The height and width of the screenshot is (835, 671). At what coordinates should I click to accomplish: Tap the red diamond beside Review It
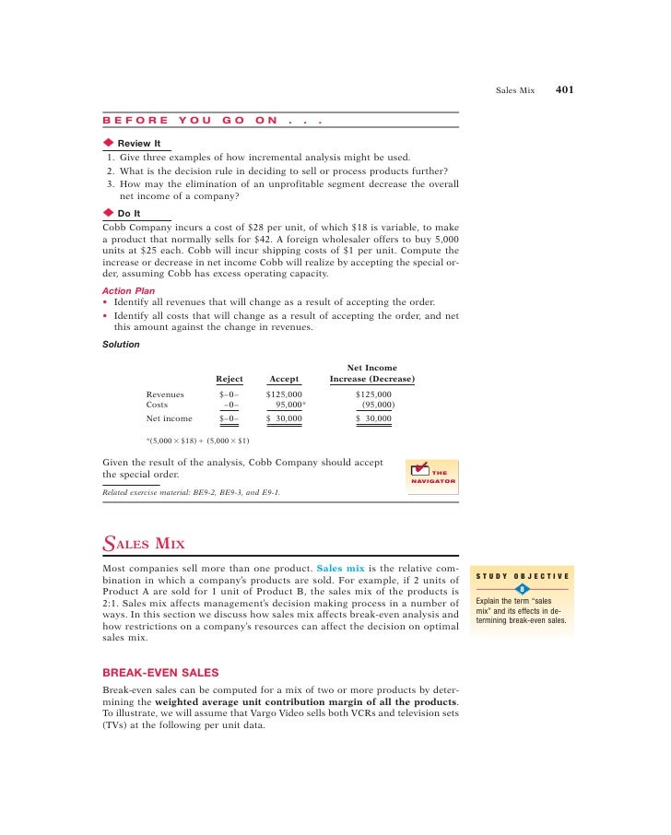108,143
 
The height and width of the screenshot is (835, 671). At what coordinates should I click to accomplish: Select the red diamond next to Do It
108,213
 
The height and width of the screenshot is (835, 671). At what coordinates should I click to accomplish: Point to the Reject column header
230,379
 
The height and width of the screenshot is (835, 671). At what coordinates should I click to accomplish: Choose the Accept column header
284,379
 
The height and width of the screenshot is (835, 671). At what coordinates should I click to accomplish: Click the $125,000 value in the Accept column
284,394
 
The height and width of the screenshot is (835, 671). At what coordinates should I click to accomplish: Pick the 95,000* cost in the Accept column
289,404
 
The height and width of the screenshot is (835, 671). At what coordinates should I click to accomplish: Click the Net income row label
170,418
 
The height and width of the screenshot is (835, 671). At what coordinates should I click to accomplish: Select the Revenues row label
165,394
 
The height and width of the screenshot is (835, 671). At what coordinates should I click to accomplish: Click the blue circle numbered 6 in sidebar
522,590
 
